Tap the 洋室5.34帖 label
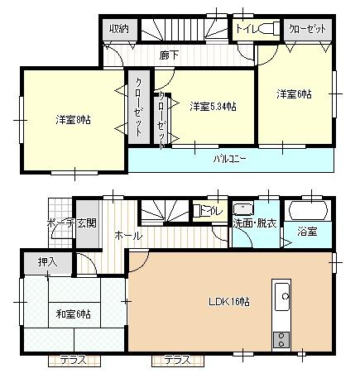213,106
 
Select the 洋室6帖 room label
295,94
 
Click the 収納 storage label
119,29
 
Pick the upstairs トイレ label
246,28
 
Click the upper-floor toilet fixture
270,29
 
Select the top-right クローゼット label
307,29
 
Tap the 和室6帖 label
73,313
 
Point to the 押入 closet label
46,262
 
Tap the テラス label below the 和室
77,360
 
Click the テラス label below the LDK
177,360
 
